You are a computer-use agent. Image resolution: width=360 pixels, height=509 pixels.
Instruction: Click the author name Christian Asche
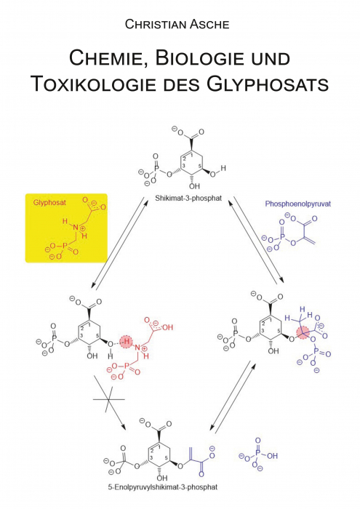click(177, 25)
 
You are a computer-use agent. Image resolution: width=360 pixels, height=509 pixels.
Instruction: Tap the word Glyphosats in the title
click(267, 84)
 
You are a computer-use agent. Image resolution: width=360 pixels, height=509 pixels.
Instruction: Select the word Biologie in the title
click(200, 58)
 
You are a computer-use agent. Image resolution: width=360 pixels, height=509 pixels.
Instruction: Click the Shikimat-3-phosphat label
click(188, 198)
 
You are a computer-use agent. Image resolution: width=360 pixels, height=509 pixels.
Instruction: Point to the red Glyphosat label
click(49, 203)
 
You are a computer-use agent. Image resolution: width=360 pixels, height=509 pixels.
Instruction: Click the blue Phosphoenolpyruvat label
click(298, 204)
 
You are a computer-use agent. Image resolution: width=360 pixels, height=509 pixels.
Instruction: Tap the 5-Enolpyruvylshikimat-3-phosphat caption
click(163, 487)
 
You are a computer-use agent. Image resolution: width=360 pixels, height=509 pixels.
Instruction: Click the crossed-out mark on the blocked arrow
click(109, 399)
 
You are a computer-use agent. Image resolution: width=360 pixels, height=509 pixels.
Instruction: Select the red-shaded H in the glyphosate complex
click(127, 342)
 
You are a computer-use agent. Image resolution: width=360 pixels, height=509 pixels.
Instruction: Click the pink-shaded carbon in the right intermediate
click(303, 333)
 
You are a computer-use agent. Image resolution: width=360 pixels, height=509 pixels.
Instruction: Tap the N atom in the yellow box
click(76, 228)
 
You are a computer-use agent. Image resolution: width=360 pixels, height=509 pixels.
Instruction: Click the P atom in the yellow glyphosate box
click(64, 246)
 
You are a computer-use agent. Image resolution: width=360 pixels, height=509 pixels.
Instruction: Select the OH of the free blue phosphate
click(272, 456)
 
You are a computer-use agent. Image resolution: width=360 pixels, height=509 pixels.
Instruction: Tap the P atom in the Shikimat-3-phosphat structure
click(156, 168)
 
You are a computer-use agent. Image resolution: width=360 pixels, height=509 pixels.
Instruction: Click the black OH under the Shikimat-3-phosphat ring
click(194, 186)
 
